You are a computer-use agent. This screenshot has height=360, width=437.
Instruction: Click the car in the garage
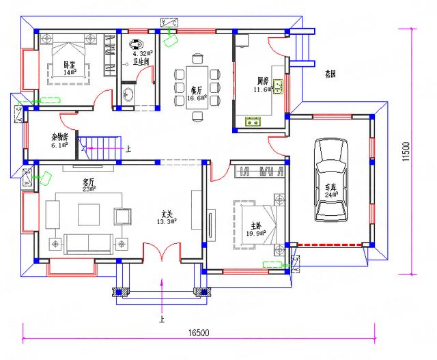330,180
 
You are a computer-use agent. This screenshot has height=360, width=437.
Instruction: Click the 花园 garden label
330,74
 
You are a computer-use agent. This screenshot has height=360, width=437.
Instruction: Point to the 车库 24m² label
331,190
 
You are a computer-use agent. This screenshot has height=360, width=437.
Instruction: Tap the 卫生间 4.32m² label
142,57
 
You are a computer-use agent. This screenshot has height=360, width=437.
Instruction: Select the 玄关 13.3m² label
167,217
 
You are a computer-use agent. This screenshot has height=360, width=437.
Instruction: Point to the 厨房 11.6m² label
262,84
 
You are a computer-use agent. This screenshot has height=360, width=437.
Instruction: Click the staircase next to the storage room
100,146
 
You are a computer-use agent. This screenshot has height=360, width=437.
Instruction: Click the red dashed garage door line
330,244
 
